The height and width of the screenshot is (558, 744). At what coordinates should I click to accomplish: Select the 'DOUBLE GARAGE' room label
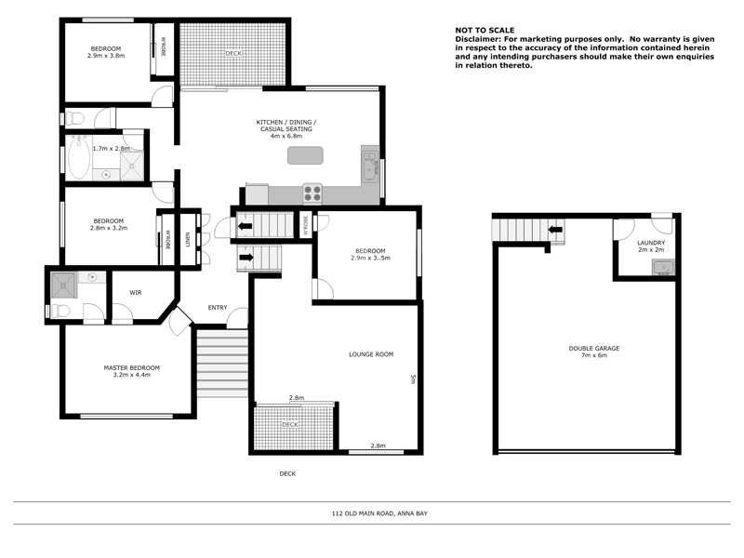point(593,348)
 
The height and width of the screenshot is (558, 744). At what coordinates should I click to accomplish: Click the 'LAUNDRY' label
point(651,244)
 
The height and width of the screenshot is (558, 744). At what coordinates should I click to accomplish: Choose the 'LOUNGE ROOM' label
point(371,354)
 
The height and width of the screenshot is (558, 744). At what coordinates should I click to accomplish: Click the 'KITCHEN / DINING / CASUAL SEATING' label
point(286,129)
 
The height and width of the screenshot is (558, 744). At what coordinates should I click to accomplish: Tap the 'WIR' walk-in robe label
point(135,292)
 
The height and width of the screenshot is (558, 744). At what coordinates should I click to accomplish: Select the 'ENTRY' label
point(218,308)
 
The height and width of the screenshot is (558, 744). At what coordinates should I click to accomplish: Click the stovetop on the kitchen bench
point(312,193)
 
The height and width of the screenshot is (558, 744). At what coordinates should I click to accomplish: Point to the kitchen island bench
point(305,155)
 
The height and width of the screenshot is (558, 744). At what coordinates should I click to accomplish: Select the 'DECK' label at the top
point(232,53)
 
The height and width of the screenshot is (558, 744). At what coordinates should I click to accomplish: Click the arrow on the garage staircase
point(555,229)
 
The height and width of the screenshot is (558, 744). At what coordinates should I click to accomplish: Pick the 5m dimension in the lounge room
point(412,379)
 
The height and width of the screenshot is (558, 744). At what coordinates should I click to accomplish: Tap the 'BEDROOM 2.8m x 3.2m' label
point(108,224)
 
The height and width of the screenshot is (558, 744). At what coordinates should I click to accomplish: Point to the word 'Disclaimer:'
point(477,40)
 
